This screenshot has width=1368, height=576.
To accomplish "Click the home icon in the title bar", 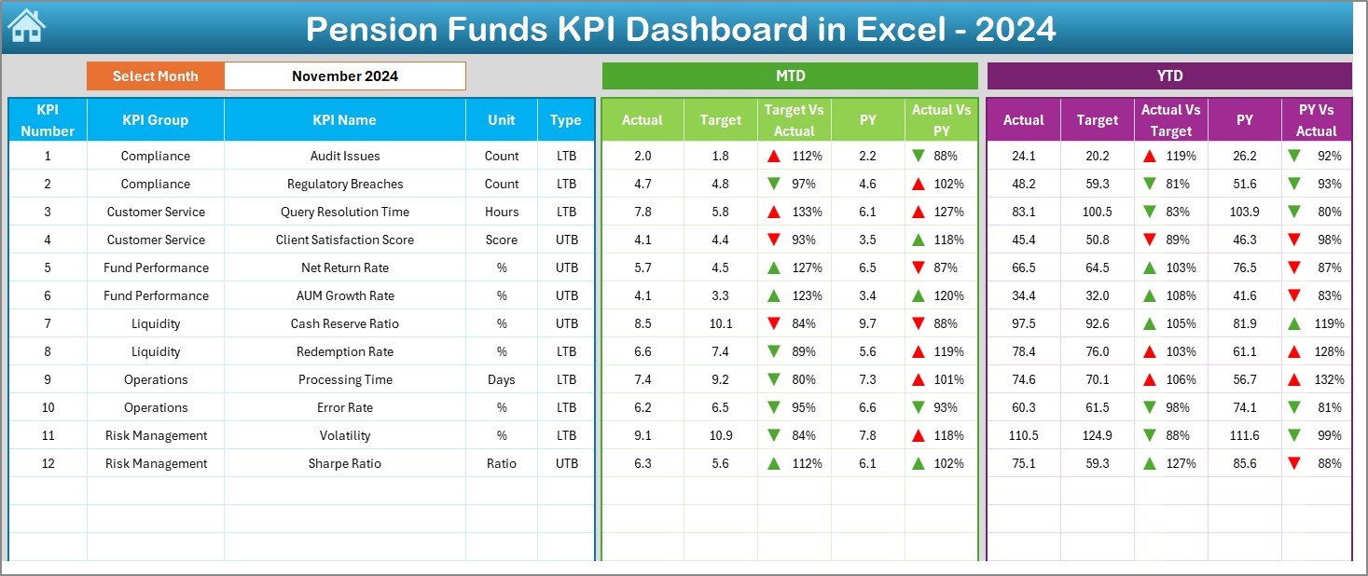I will point(26,27).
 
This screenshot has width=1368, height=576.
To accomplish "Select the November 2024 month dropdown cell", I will point(344,76).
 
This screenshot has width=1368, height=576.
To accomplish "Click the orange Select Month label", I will point(155,76).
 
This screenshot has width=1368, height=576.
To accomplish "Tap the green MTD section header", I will point(790,76).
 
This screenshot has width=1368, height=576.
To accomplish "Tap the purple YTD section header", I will point(1168,76).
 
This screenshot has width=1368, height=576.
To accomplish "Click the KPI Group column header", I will point(155,120).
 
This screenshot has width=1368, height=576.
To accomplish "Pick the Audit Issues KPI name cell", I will point(344,156).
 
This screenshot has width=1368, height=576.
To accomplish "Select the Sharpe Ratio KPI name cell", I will point(344,463).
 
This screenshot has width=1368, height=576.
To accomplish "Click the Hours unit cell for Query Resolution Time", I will point(502,212).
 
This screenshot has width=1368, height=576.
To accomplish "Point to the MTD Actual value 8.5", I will point(643,323).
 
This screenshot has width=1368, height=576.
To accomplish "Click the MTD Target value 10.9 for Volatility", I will point(720,435).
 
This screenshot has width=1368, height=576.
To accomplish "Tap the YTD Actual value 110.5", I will point(1023,435).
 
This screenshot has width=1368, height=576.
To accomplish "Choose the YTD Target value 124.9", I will point(1097,435).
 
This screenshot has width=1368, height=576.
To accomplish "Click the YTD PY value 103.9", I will point(1244,212).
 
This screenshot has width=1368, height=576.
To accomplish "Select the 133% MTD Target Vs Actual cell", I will point(795,212).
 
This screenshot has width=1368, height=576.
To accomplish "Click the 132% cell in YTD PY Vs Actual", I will point(1317,379).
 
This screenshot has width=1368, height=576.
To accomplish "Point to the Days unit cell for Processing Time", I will point(502,379).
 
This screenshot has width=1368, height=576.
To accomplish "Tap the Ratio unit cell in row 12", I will point(502,463).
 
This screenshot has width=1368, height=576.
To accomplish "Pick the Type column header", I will point(565,120).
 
